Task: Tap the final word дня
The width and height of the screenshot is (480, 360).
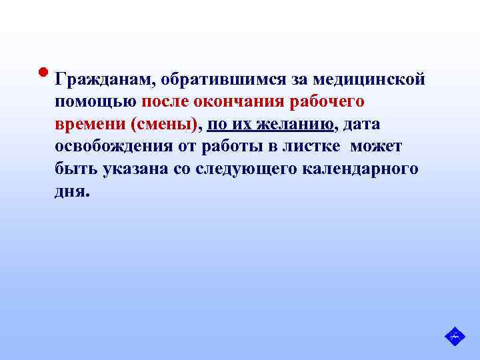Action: tap(72, 191)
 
